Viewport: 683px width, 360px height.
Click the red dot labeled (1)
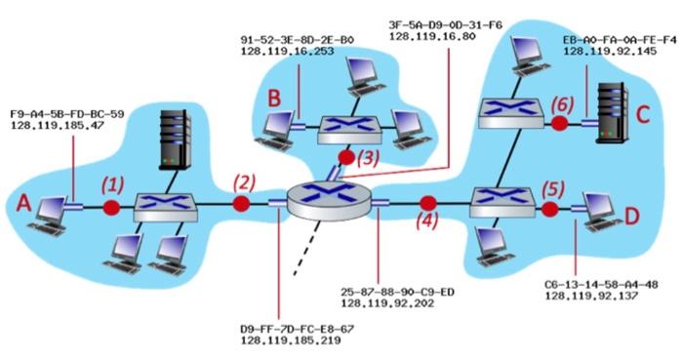[x=111, y=207]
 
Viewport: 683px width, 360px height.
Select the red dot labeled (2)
[x=241, y=204]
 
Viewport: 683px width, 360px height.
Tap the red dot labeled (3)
[x=345, y=155]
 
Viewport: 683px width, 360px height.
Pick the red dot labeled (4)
[x=425, y=203]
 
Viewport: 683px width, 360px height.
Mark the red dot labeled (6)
[x=559, y=124]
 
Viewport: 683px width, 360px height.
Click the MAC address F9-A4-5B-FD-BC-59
[x=66, y=114]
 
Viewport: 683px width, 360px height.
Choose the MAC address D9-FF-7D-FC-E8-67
[x=297, y=330]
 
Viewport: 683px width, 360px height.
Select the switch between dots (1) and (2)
[x=166, y=205]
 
